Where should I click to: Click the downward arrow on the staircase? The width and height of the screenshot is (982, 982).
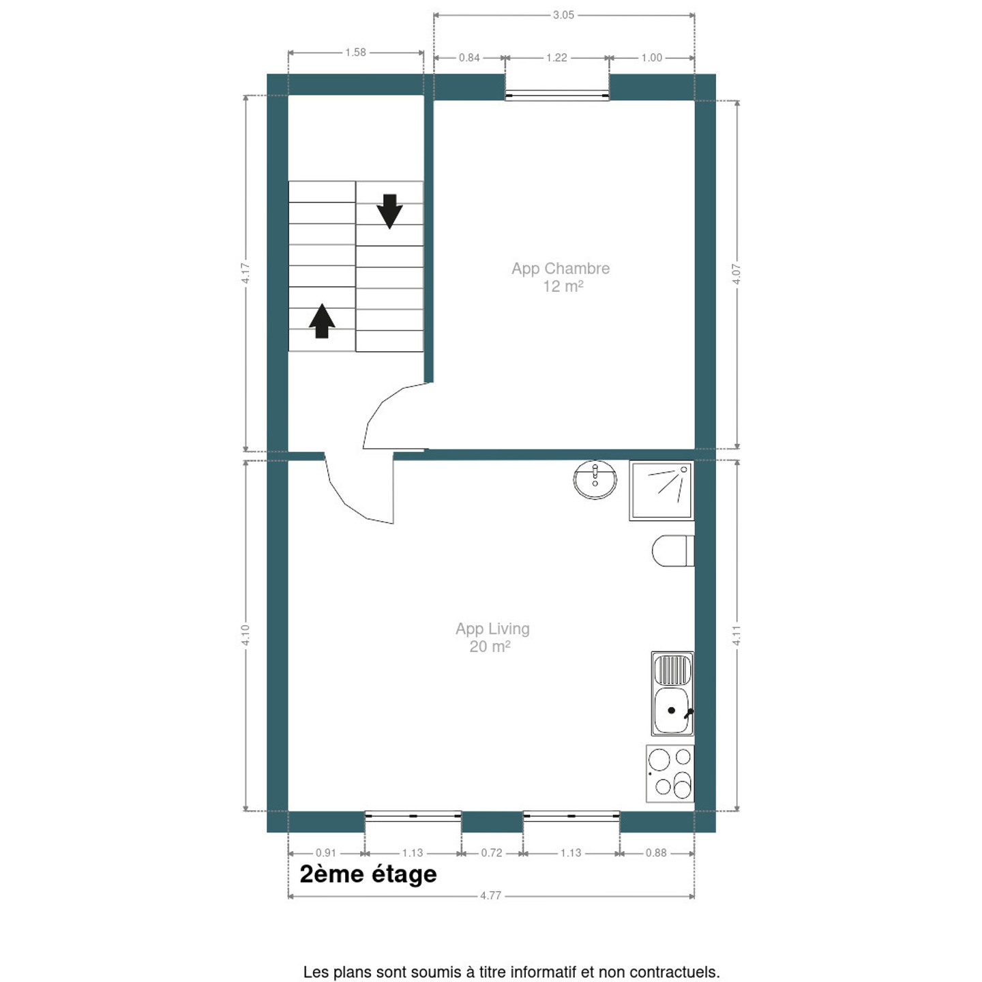coord(389,211)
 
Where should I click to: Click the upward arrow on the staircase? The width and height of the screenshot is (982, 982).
coord(322,321)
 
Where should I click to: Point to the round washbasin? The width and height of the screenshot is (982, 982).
coord(595,479)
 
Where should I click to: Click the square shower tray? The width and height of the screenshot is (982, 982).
coord(661,491)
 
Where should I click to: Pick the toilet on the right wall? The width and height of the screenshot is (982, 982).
coord(672,550)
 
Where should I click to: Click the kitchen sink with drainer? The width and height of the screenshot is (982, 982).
coord(672,694)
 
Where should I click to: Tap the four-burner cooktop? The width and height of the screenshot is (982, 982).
coord(670,773)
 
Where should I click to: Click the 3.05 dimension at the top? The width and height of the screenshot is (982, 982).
coord(563,15)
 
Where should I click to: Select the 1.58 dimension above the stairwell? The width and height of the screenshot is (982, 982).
coord(355,53)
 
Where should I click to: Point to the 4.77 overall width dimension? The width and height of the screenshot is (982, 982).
coord(491,895)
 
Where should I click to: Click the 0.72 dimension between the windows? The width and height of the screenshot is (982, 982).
coord(492,852)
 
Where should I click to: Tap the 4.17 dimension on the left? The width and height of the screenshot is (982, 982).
coord(245,273)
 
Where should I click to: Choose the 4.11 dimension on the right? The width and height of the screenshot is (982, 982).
coord(736,636)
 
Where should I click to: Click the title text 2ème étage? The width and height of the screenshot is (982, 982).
coord(368,874)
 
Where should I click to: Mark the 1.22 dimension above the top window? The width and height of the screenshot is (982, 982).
coord(556,57)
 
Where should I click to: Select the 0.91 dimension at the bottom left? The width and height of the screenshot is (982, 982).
coord(326,852)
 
